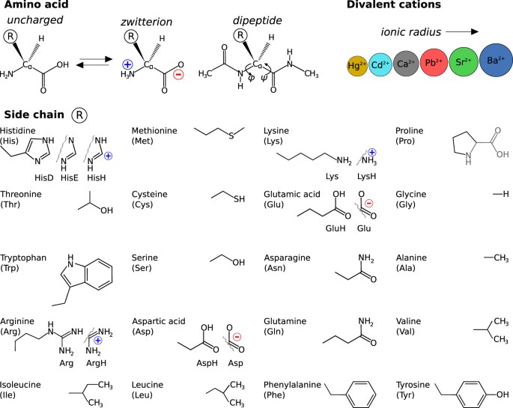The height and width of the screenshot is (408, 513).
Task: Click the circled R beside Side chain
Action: [x=79, y=115]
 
